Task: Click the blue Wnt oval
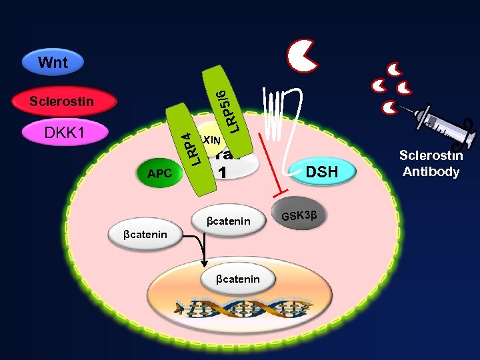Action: (x=53, y=63)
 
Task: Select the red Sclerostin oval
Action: (x=64, y=102)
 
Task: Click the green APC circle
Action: (x=160, y=173)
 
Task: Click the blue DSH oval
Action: (x=323, y=173)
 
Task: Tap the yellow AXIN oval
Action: (x=209, y=139)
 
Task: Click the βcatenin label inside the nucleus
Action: (x=238, y=279)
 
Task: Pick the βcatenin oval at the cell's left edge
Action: (x=145, y=234)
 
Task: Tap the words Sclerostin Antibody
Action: (x=430, y=163)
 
